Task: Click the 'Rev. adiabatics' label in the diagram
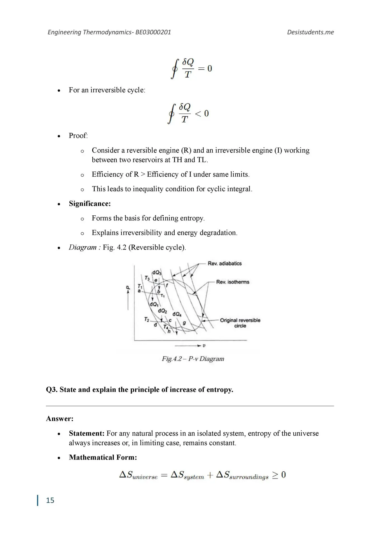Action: [224, 263]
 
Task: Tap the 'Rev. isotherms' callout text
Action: [233, 282]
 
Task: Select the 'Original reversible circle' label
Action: [240, 323]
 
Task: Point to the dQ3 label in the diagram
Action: [157, 272]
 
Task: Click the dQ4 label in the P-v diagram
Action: [177, 314]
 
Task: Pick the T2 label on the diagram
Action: [147, 319]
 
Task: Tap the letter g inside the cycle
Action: [184, 323]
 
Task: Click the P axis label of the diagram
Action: [128, 288]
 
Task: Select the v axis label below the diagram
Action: [204, 346]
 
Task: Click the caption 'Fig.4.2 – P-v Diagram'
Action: [193, 359]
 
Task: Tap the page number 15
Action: [50, 500]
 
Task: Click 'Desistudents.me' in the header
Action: [310, 32]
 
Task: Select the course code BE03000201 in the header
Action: [153, 32]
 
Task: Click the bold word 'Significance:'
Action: [90, 204]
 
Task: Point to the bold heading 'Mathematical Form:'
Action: [103, 457]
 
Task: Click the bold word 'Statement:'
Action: [87, 433]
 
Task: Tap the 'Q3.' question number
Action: [52, 390]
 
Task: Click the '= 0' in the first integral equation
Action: [205, 69]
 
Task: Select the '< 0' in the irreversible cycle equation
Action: [202, 114]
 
